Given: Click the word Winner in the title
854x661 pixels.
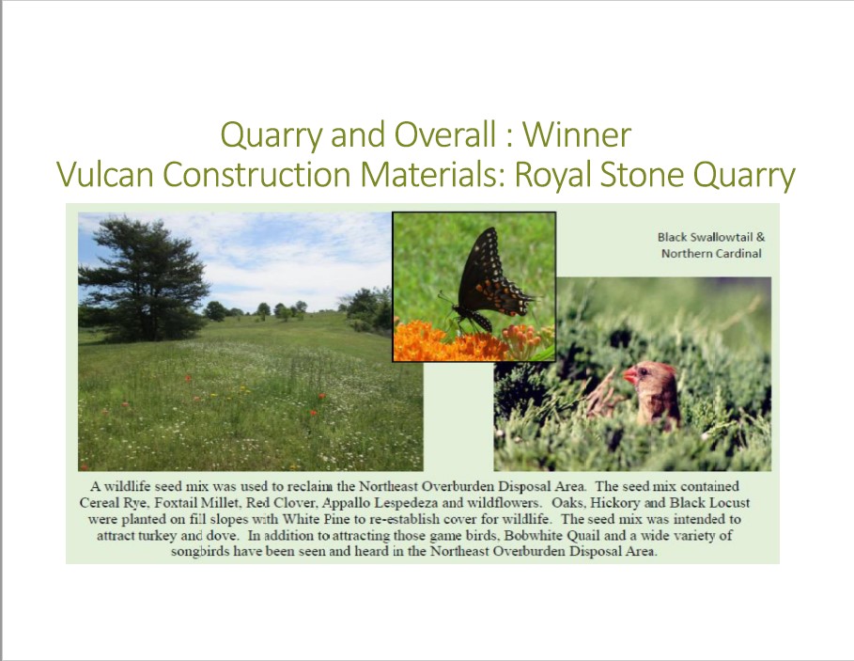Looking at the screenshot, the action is [x=577, y=134].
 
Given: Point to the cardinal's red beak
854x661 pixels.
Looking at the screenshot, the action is [x=629, y=375].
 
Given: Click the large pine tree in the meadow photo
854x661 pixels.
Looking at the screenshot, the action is [x=143, y=279].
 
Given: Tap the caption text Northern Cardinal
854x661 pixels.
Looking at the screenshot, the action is [x=711, y=253].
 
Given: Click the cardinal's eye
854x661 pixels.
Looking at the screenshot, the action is [x=644, y=371].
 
